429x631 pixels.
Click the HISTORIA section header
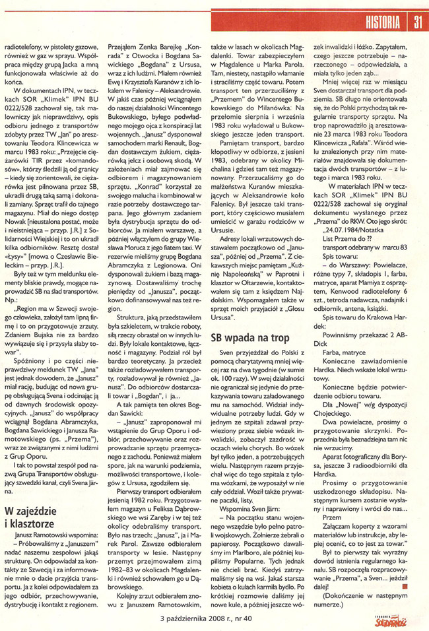tap(383, 24)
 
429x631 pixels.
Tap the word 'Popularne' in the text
tap(229, 523)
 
